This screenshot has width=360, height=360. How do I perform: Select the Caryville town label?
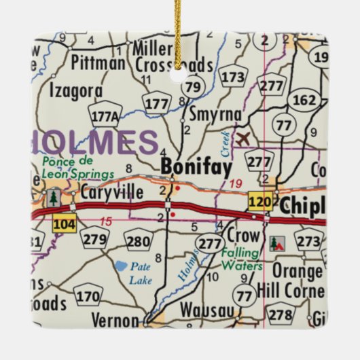[x=111, y=194]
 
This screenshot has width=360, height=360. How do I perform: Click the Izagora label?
[x=78, y=90]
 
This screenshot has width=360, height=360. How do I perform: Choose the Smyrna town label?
[x=215, y=114]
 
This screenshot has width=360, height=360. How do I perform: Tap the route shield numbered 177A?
[x=105, y=117]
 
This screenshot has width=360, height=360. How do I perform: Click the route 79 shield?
[x=193, y=86]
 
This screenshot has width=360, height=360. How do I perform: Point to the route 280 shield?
[x=139, y=241]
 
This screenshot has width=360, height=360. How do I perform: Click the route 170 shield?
[x=88, y=296]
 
